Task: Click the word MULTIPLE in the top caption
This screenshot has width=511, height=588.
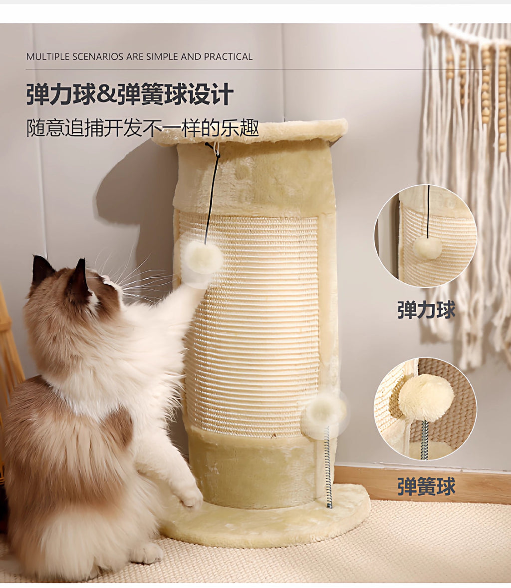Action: tap(48, 56)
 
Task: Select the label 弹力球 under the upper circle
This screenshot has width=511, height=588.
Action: tap(426, 310)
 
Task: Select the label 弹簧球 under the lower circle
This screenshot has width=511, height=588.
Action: tap(426, 486)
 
